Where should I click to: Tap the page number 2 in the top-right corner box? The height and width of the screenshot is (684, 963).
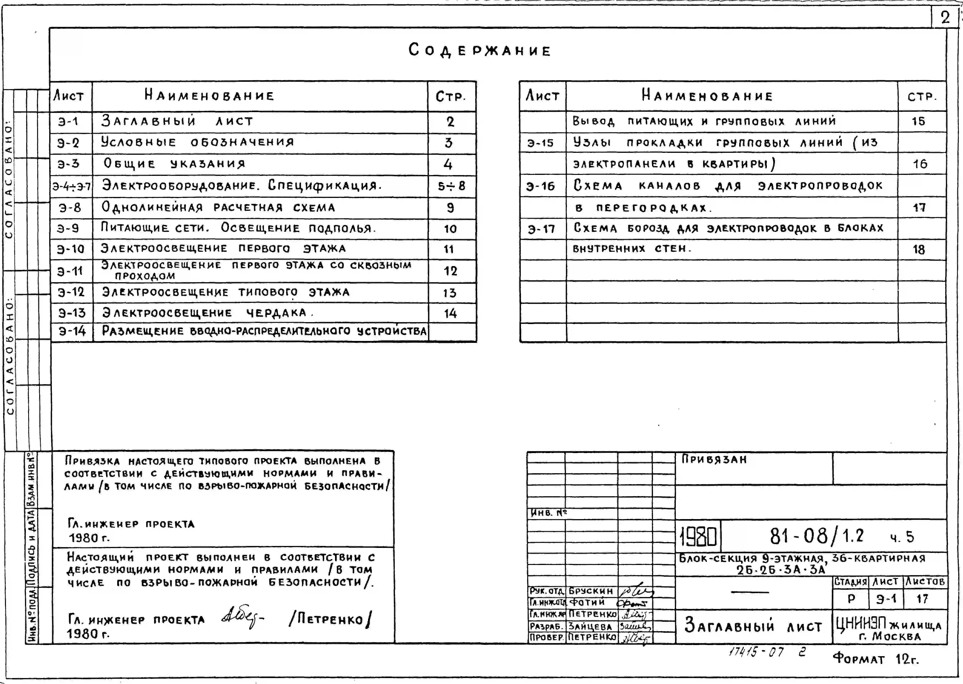click(x=945, y=18)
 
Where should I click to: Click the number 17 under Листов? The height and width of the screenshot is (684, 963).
click(x=922, y=599)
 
